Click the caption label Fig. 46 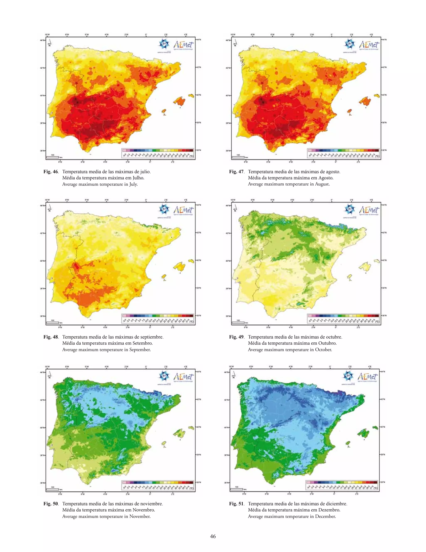[x=51, y=172]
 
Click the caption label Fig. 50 [x=51, y=504]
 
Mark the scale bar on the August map [x=238, y=157]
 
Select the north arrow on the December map [x=234, y=375]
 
